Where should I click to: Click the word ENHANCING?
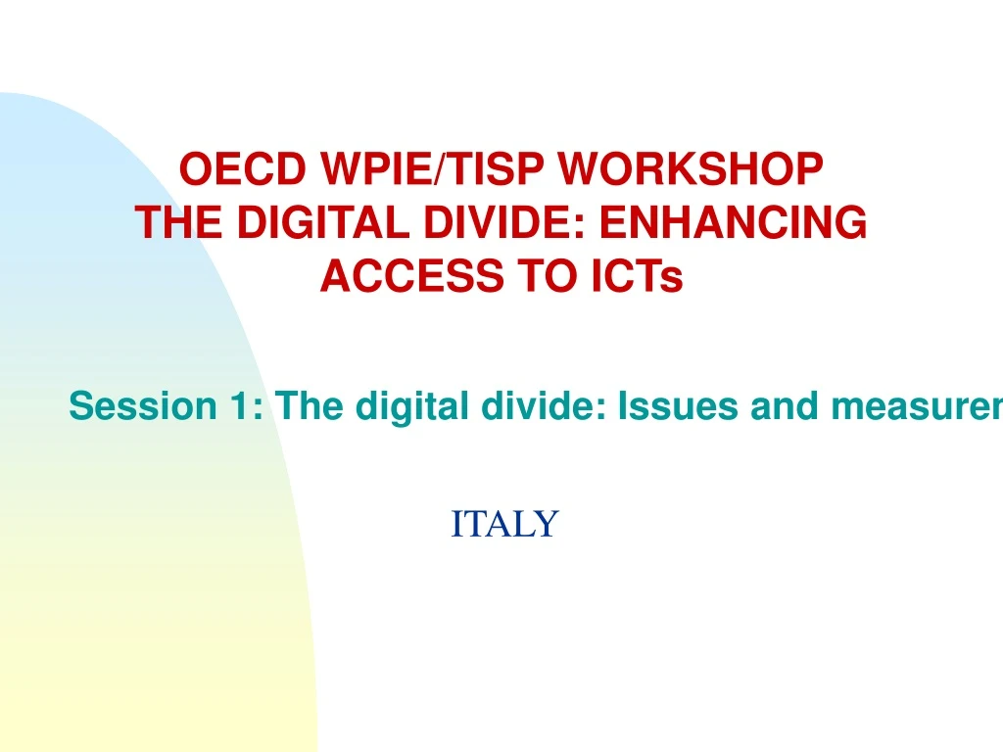click(x=733, y=224)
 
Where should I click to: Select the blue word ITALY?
click(x=503, y=524)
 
